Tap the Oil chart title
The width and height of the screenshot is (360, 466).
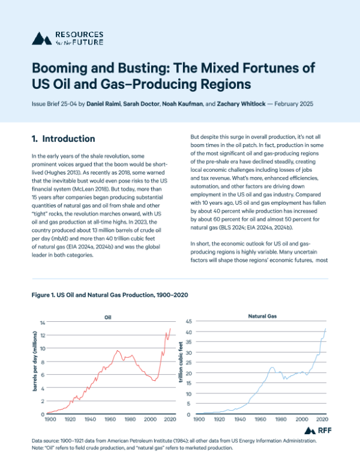point(108,318)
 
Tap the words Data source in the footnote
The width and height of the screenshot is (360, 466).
point(48,441)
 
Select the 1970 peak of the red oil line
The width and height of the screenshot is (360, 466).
point(118,351)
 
